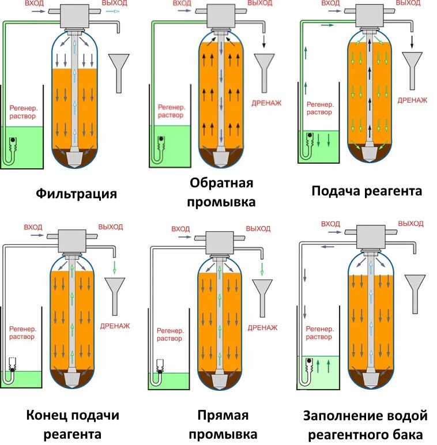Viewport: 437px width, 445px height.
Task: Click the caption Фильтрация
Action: (76, 193)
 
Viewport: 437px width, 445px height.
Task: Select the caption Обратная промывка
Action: (222, 193)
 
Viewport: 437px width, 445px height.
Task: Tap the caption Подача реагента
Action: (367, 191)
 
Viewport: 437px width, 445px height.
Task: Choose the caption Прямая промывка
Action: (223, 424)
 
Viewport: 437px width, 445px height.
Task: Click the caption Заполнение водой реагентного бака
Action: (366, 424)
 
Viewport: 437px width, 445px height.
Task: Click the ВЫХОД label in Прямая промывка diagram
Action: (258, 228)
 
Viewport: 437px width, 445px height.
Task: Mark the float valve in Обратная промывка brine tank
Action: (163, 139)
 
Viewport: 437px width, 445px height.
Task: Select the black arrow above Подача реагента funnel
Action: (412, 41)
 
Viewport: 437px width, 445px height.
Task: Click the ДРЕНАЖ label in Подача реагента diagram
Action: (412, 100)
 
